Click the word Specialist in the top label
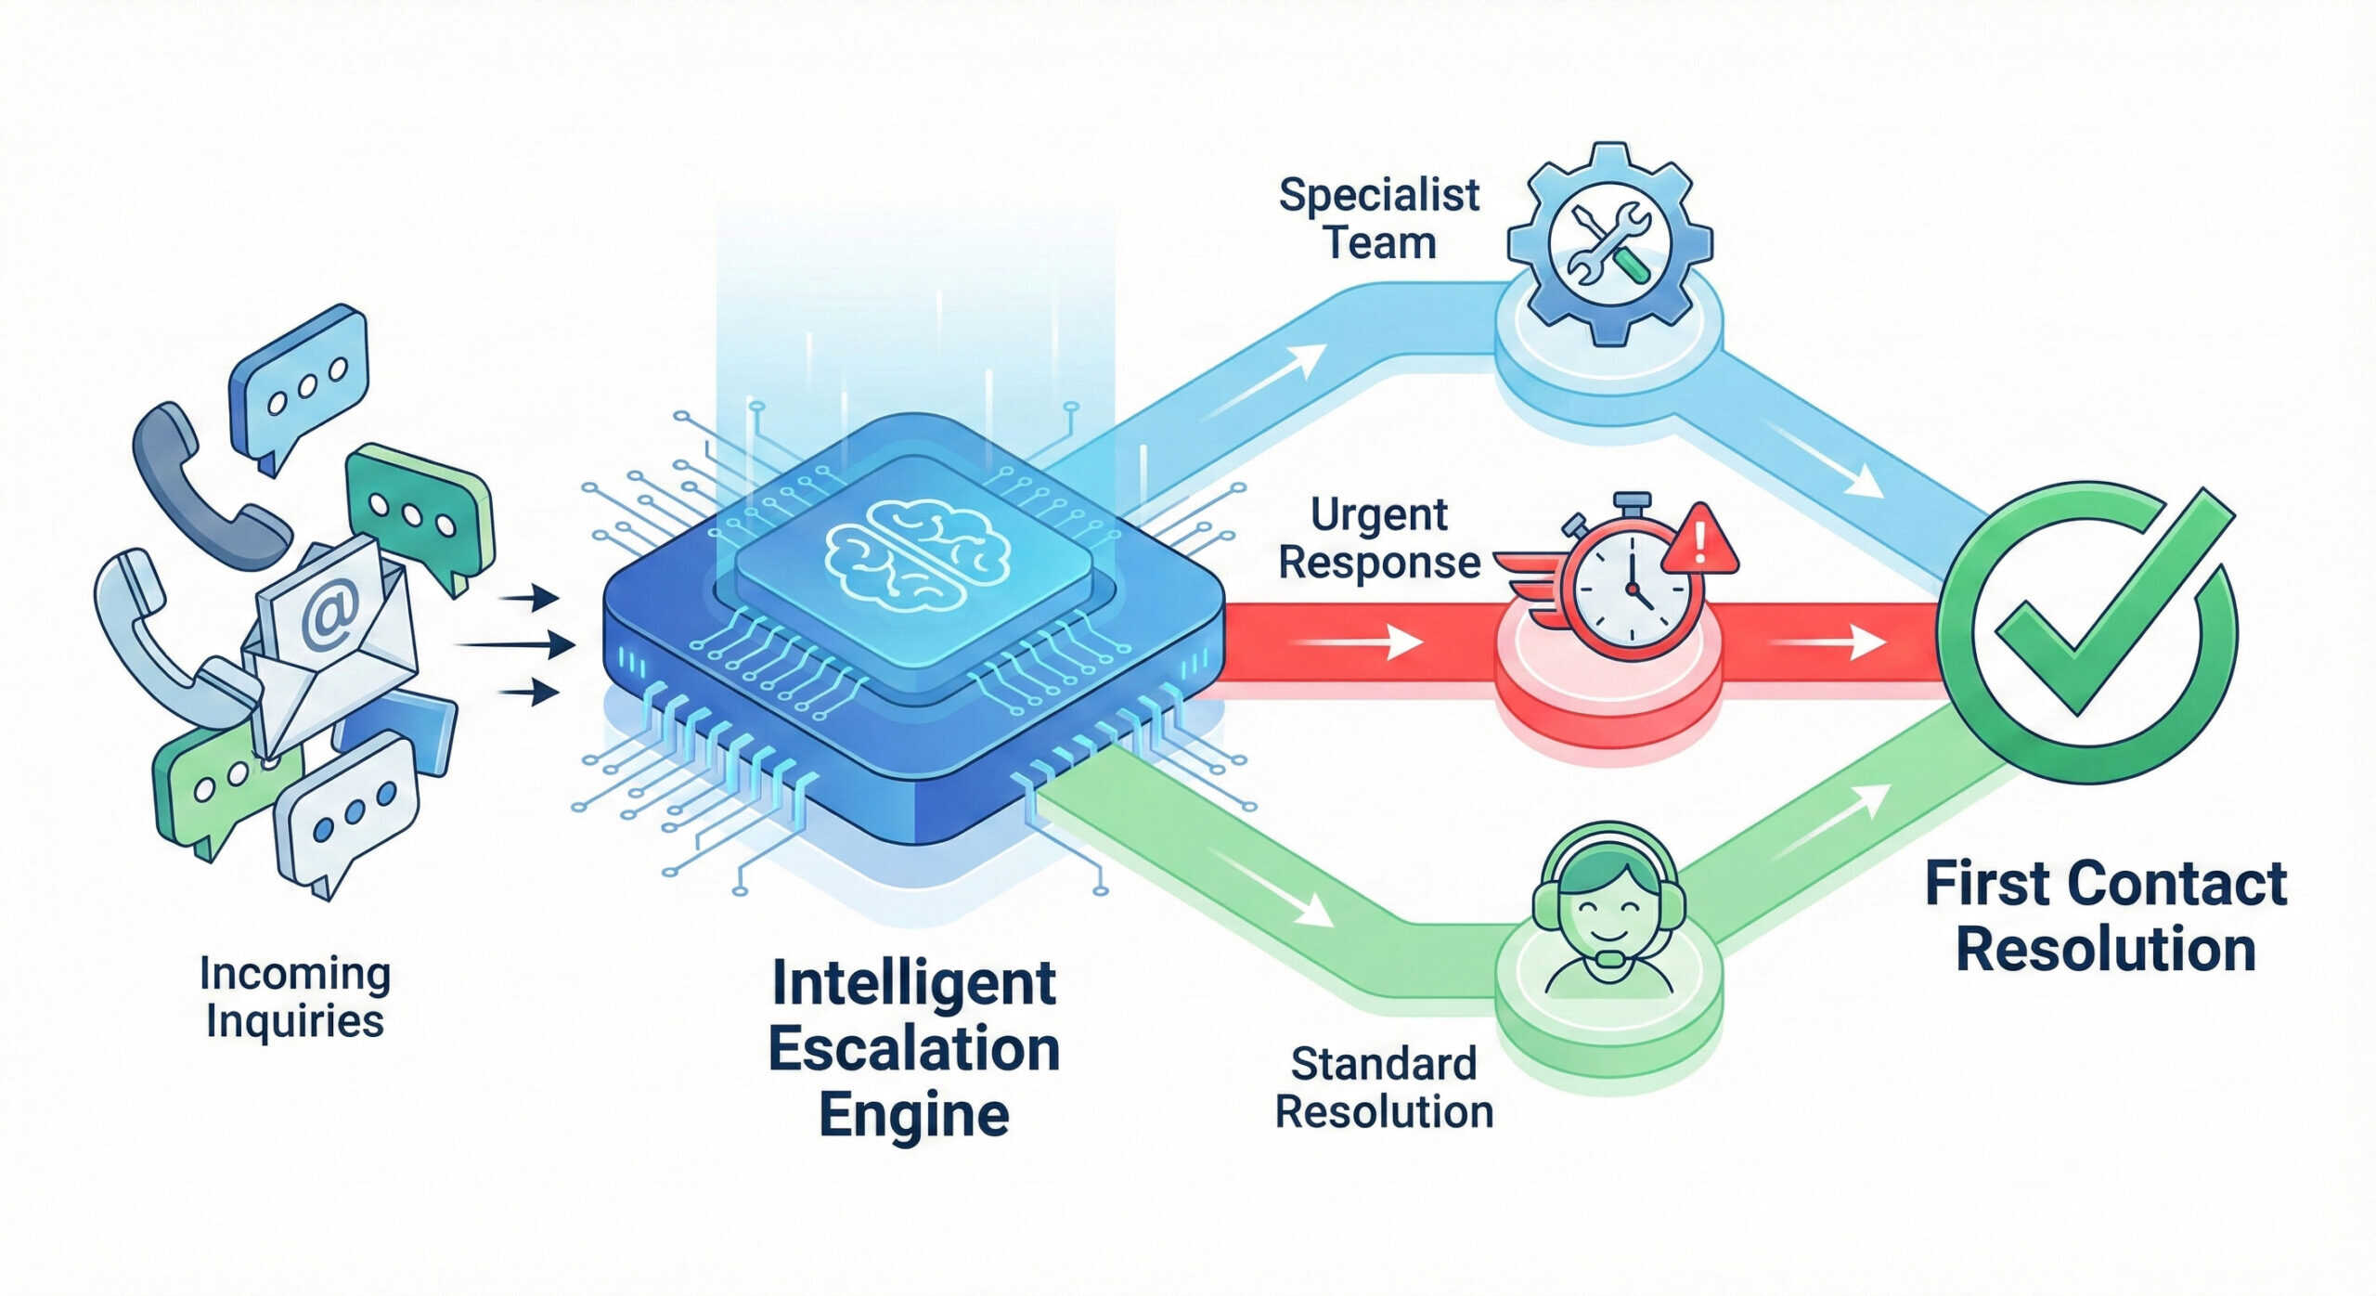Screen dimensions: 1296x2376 [x=1378, y=196]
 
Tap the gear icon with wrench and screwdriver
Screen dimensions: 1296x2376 [x=1610, y=243]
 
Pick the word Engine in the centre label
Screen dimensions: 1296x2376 [x=914, y=1115]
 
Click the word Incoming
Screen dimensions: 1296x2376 [x=295, y=974]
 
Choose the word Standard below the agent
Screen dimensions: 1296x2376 [x=1383, y=1064]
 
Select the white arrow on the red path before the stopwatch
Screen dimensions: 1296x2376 [x=1360, y=642]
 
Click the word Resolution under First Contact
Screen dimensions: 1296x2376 [x=2106, y=950]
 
